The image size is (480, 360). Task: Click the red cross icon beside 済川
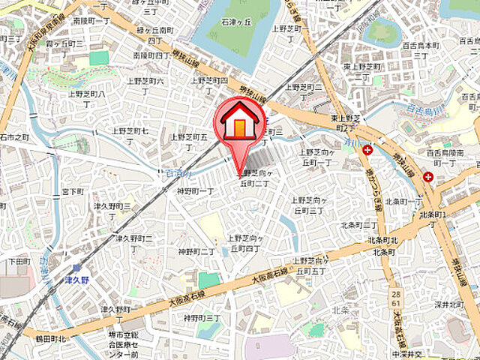pos(367,151)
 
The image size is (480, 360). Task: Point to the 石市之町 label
pos(15,138)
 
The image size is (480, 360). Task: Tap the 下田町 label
pos(19,262)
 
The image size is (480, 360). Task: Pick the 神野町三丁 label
pos(202,318)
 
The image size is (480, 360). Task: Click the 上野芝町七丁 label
pos(130,136)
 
